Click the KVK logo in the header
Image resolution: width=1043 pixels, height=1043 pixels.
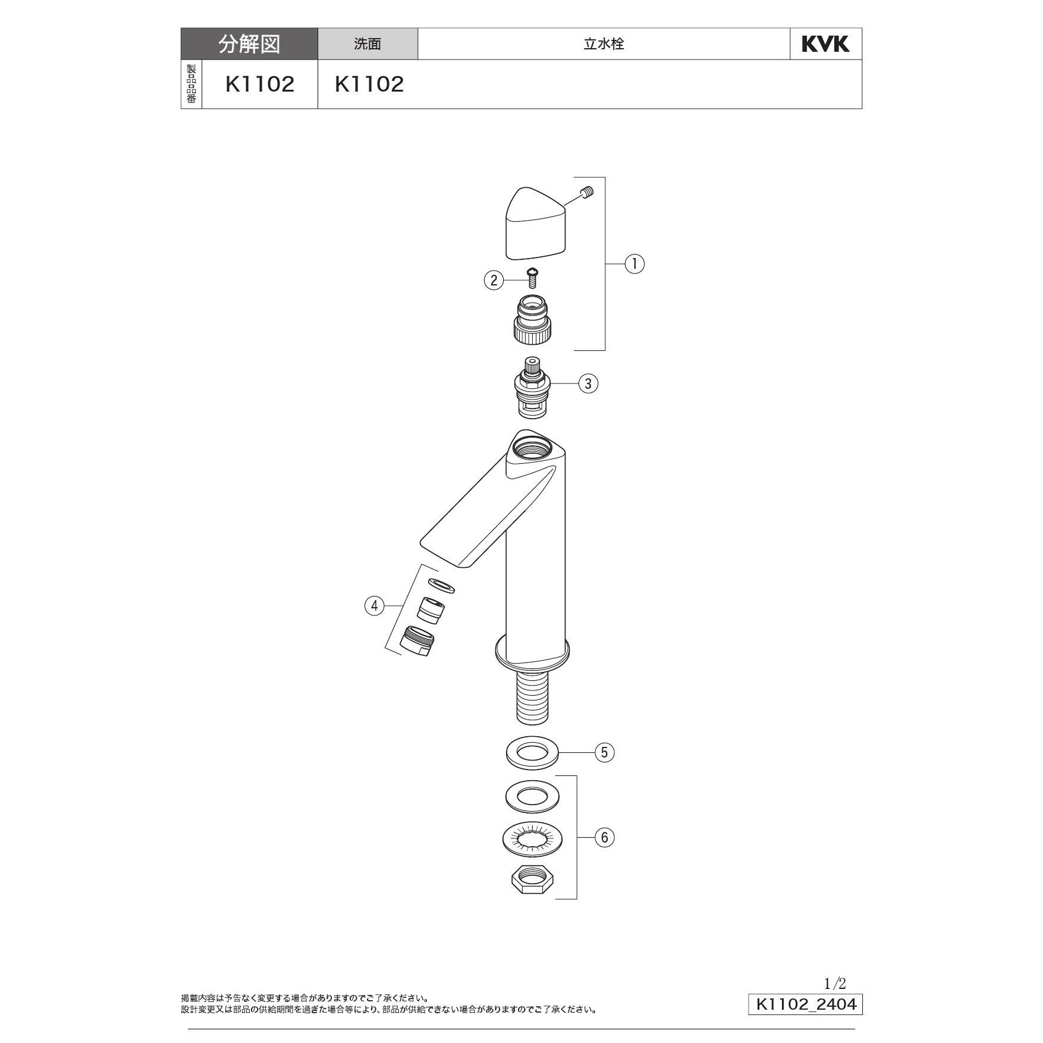tap(825, 44)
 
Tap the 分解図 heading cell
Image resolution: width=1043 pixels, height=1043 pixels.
tap(249, 44)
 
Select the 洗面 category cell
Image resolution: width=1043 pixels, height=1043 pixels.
tap(367, 44)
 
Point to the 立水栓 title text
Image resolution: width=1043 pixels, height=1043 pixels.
tap(604, 44)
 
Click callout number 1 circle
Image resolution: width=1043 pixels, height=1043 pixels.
tap(634, 263)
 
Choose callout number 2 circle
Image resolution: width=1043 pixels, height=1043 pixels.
tap(494, 279)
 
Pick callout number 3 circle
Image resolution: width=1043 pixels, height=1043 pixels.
tap(588, 384)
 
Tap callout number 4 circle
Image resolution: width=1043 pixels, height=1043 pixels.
tap(374, 606)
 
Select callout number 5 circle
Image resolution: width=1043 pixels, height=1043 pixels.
tap(604, 752)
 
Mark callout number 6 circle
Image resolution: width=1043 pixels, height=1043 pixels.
tap(604, 837)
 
